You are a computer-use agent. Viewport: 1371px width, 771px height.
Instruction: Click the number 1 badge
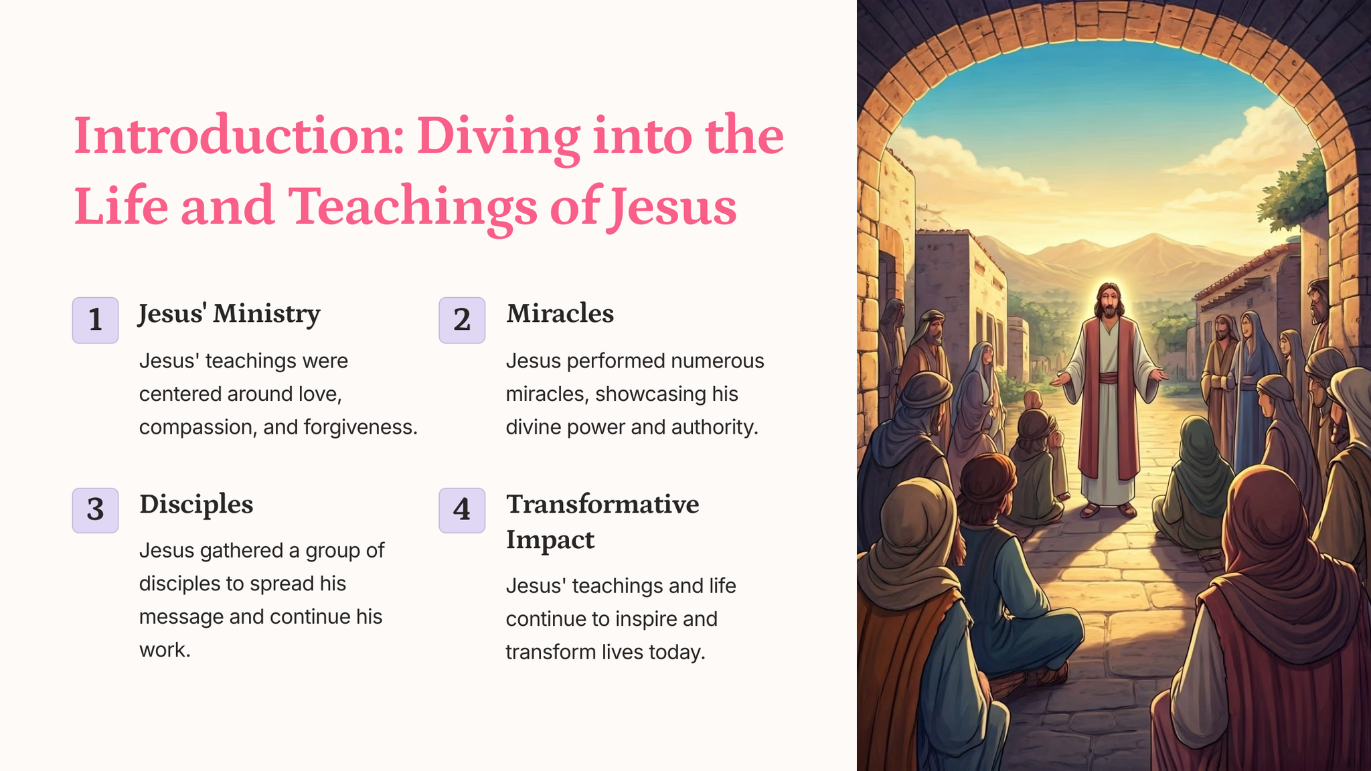click(x=95, y=320)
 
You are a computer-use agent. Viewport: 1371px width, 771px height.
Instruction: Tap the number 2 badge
click(x=462, y=320)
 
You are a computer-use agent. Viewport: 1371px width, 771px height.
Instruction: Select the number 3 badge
click(x=95, y=510)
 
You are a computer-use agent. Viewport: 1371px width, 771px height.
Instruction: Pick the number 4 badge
click(x=462, y=510)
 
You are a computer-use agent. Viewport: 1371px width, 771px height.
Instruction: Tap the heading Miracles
click(x=560, y=313)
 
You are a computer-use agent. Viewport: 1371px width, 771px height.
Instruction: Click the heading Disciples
click(x=196, y=504)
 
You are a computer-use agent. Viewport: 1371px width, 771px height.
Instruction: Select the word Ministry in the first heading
click(x=266, y=315)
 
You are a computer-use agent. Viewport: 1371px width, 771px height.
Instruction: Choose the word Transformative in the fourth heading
click(x=602, y=504)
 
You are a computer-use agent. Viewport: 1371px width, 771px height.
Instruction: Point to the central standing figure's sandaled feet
click(x=1108, y=510)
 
